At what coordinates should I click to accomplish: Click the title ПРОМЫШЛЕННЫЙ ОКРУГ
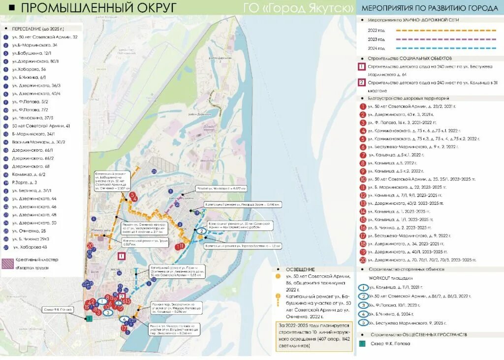[x=98, y=8]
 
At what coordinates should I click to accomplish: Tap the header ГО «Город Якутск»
[x=298, y=8]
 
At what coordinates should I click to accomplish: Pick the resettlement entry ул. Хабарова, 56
[x=29, y=69]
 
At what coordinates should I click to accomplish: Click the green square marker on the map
[x=89, y=319]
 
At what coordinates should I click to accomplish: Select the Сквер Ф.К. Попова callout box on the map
[x=60, y=310]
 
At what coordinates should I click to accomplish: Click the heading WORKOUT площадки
[x=396, y=278]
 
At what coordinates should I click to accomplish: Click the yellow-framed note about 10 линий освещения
[x=314, y=336]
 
